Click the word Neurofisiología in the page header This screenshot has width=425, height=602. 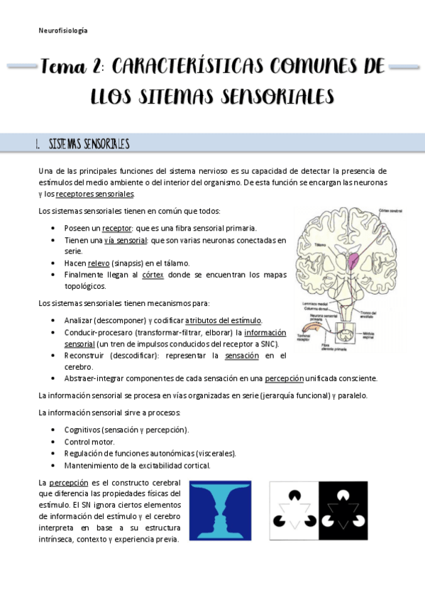pos(62,31)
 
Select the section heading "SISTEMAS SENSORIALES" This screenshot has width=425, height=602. pos(89,144)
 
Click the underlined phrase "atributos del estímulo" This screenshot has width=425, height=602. pos(223,320)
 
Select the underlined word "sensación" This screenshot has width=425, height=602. pos(241,355)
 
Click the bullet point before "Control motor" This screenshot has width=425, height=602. pos(55,442)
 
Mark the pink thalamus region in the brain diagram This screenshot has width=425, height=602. pos(353,259)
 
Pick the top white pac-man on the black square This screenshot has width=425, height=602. pos(344,491)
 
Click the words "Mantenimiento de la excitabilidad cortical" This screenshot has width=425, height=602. pos(137,466)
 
